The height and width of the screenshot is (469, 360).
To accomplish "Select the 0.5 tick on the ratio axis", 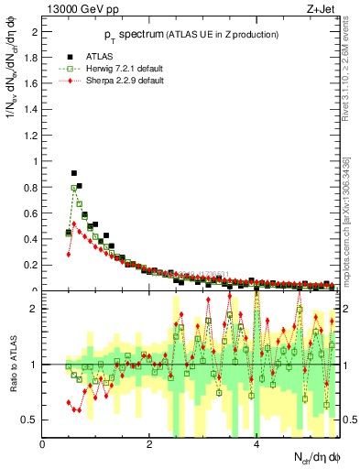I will tap(29, 420).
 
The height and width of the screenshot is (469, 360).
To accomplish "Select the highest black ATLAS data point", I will tap(74, 172).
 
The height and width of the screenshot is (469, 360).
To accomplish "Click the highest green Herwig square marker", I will tap(74, 188).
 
